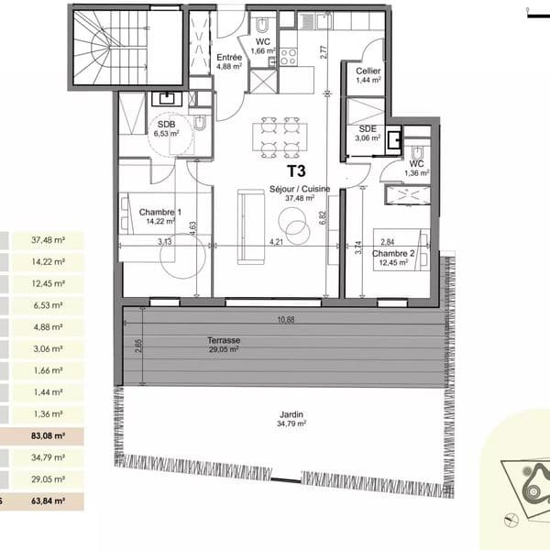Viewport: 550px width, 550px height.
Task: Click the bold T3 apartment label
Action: [x=296, y=171]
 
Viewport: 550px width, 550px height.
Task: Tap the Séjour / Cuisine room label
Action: [x=300, y=189]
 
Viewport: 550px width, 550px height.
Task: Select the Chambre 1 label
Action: [x=159, y=213]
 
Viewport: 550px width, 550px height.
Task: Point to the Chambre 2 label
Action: [x=393, y=254]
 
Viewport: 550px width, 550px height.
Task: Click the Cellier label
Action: [x=368, y=71]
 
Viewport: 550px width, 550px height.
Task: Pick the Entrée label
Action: [x=229, y=58]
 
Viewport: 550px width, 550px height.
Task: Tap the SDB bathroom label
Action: [x=166, y=125]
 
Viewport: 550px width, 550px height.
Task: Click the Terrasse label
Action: [x=224, y=340]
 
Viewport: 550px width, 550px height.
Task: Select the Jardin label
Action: [x=291, y=414]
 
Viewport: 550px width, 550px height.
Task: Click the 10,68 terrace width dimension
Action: [x=286, y=320]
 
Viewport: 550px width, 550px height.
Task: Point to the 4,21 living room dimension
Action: [x=276, y=242]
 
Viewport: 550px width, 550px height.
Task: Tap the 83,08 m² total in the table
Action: [x=48, y=436]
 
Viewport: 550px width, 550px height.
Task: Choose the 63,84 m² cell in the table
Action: [x=48, y=500]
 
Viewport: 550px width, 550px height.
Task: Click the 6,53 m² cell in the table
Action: [x=48, y=305]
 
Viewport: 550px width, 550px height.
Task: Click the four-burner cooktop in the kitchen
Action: [x=289, y=57]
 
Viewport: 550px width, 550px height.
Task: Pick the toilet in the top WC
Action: [x=261, y=26]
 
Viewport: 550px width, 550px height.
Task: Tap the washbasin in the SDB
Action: [x=167, y=99]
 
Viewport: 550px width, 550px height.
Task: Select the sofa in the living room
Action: [x=251, y=227]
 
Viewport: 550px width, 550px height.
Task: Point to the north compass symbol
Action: [x=511, y=520]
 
